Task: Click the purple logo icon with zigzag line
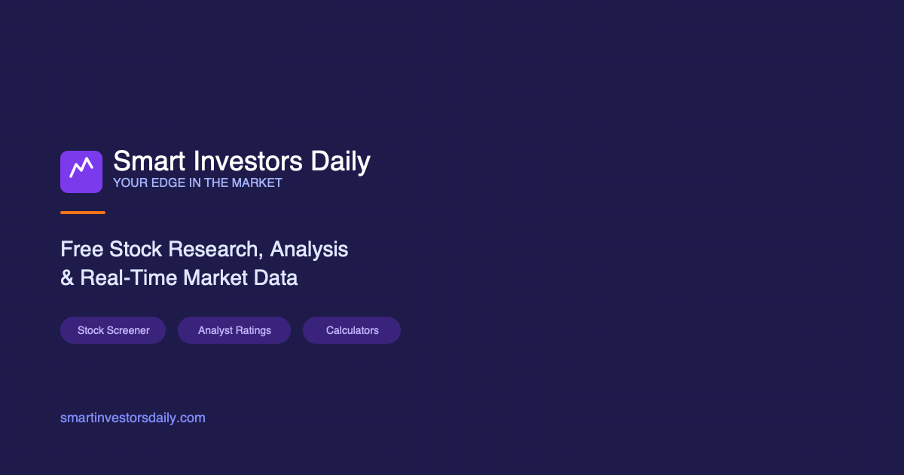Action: pos(81,172)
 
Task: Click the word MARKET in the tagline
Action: pos(257,183)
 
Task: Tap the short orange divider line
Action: pos(83,213)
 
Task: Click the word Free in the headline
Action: pos(82,249)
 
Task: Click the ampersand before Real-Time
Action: pos(67,277)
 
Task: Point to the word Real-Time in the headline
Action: pos(129,277)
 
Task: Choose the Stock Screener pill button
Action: pos(113,330)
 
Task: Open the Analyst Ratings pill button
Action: pos(234,330)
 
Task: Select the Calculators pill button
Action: pos(352,330)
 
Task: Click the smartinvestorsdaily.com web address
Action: pos(133,418)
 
